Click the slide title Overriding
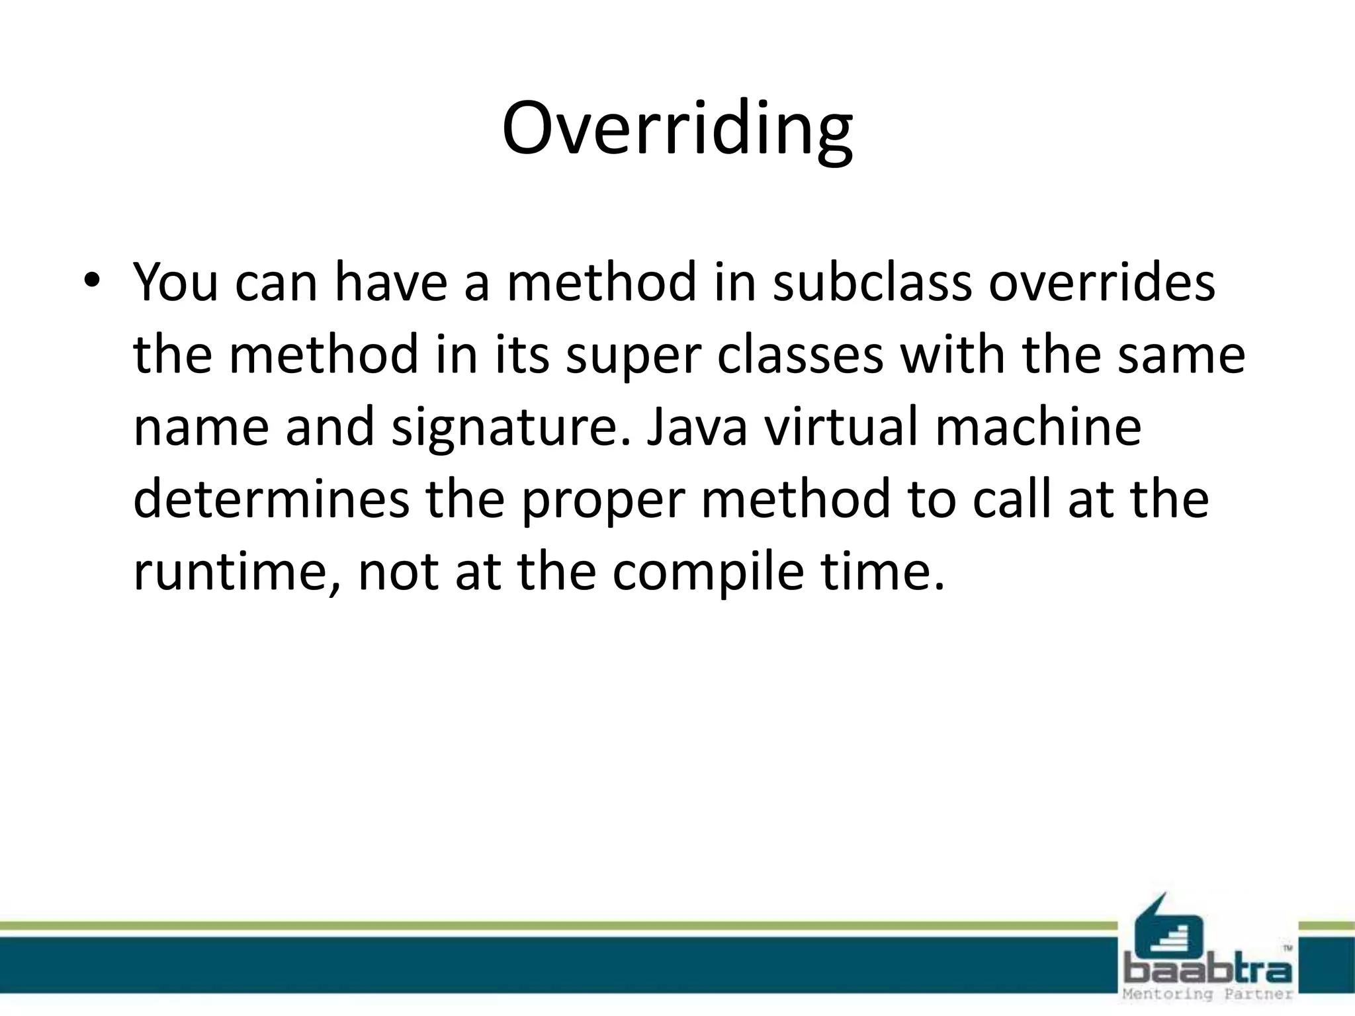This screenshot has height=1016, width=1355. point(677,129)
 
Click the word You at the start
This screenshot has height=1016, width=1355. point(175,282)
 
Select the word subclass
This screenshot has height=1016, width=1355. point(871,282)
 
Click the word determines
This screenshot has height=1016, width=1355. point(271,499)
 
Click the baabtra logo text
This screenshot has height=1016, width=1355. point(1208,971)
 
